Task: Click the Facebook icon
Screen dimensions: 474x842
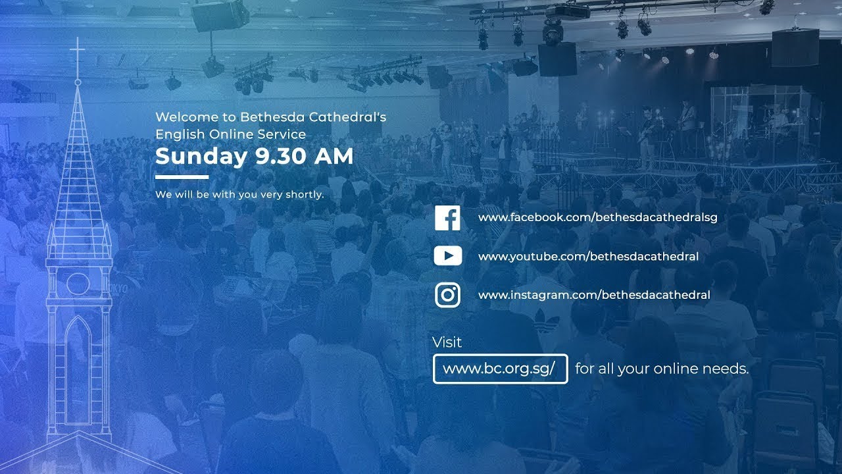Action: point(447,218)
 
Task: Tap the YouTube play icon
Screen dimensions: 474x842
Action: point(447,256)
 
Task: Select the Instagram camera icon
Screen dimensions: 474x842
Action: point(447,295)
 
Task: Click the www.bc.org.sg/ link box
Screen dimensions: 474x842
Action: point(500,369)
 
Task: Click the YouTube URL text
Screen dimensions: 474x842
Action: point(588,256)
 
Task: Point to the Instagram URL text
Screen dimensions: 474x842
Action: point(594,295)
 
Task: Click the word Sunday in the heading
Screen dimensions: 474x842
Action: point(200,157)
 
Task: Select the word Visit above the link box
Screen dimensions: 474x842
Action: point(447,342)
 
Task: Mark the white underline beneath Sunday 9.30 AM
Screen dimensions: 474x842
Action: point(182,176)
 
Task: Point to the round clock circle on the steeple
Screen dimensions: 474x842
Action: point(78,284)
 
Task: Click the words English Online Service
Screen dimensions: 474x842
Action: point(230,134)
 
